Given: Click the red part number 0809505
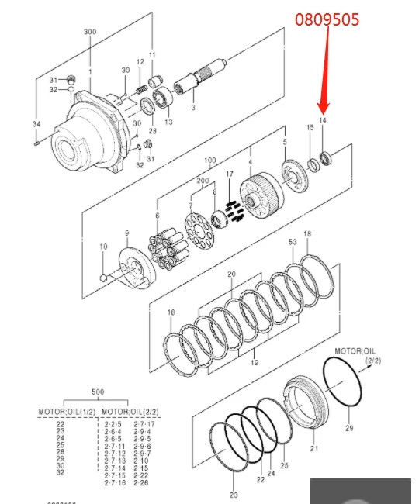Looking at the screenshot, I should coord(326,19).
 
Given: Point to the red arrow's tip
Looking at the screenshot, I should coord(324,111).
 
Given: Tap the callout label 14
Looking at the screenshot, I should coord(323,121).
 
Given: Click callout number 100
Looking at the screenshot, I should coord(209,161).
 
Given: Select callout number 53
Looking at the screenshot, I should coord(292,243).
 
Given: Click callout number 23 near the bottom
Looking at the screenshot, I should coord(234,494).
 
